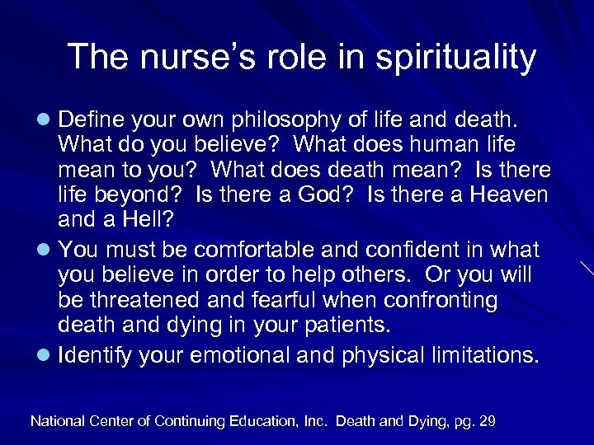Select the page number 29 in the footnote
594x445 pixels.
pos(487,420)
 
